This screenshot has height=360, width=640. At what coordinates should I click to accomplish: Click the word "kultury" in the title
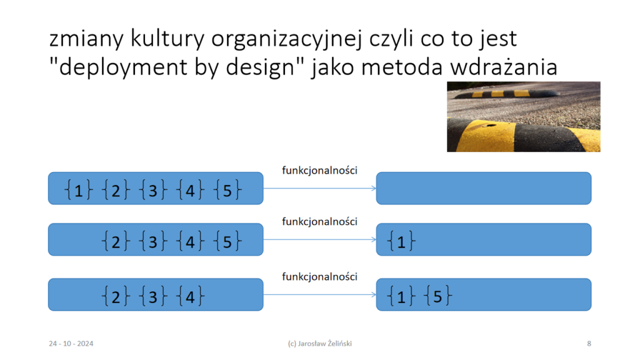(x=167, y=39)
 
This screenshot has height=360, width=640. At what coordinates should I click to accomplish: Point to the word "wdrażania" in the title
(x=504, y=66)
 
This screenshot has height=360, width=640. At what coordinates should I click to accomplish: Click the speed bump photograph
(x=523, y=117)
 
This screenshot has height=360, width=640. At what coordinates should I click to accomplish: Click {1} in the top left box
(x=78, y=190)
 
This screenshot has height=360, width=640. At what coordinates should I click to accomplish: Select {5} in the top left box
(x=227, y=190)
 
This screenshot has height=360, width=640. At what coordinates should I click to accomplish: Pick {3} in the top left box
(x=152, y=190)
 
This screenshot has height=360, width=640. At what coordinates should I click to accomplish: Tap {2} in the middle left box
(x=116, y=241)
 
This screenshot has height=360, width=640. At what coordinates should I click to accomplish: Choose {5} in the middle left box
(x=227, y=241)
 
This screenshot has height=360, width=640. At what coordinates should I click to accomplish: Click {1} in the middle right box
(x=401, y=241)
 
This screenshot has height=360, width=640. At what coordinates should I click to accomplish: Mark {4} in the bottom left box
(x=190, y=296)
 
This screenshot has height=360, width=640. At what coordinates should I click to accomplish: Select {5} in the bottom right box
(x=438, y=296)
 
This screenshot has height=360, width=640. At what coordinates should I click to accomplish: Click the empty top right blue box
(x=484, y=188)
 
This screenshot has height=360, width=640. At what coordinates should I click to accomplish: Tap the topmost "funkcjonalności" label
(x=319, y=171)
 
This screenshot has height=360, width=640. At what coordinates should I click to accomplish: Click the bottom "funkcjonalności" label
(x=319, y=277)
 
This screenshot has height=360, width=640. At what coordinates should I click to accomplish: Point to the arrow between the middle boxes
(x=319, y=239)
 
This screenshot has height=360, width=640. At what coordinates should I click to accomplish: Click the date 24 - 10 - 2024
(x=71, y=344)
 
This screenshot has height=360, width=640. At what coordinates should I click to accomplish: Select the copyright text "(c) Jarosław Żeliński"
(x=319, y=344)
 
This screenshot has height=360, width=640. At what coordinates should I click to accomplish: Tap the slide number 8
(x=589, y=344)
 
